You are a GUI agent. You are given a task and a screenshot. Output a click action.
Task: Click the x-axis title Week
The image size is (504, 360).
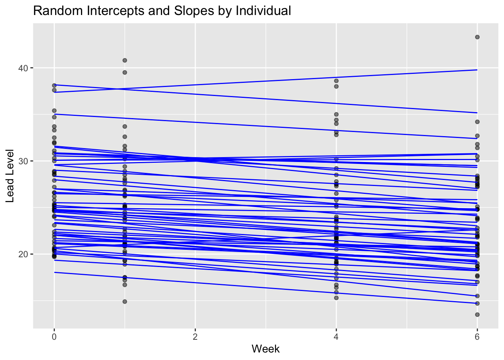265,349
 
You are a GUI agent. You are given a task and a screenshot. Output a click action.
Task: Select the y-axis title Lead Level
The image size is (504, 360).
10,175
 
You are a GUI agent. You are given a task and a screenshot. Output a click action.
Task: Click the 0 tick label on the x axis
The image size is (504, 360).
54,336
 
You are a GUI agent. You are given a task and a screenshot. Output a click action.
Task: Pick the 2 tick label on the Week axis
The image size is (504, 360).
195,336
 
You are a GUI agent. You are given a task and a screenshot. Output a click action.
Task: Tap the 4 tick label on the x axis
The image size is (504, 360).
336,336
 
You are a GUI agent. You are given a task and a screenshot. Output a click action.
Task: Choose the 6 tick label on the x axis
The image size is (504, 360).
477,336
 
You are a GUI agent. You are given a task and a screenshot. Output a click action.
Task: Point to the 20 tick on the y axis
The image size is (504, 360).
24,254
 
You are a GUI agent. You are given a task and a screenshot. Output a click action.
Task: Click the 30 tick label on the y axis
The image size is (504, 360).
24,161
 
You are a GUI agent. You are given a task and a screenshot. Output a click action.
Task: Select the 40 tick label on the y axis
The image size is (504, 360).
24,68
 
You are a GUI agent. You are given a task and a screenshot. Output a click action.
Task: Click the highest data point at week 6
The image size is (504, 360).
477,37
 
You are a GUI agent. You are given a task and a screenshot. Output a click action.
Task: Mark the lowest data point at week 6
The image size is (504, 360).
477,315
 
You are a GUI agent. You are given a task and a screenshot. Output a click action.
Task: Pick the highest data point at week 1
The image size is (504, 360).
125,60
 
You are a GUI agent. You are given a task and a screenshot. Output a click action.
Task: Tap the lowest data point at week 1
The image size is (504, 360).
125,301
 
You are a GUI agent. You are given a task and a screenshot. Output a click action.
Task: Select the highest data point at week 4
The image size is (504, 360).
336,81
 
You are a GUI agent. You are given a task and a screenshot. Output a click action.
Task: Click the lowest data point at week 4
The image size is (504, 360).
336,298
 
